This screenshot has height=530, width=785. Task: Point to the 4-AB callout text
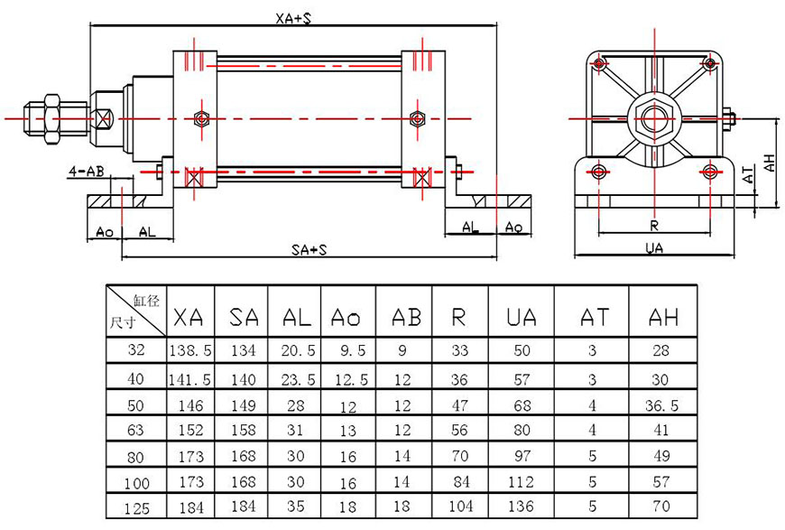click(x=85, y=170)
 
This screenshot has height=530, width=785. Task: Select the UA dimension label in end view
click(x=654, y=248)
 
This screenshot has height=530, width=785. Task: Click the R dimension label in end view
click(x=653, y=225)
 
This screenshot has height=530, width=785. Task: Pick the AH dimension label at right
click(x=769, y=163)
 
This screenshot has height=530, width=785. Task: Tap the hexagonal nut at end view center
click(x=653, y=117)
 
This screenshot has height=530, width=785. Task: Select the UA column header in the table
click(x=521, y=316)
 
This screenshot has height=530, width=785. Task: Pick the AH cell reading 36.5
click(x=663, y=405)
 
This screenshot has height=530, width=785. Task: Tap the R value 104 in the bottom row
click(x=459, y=507)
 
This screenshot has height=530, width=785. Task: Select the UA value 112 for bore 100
click(x=521, y=481)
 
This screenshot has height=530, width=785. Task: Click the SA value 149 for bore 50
click(x=244, y=405)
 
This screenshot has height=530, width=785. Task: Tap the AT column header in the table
click(x=592, y=316)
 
